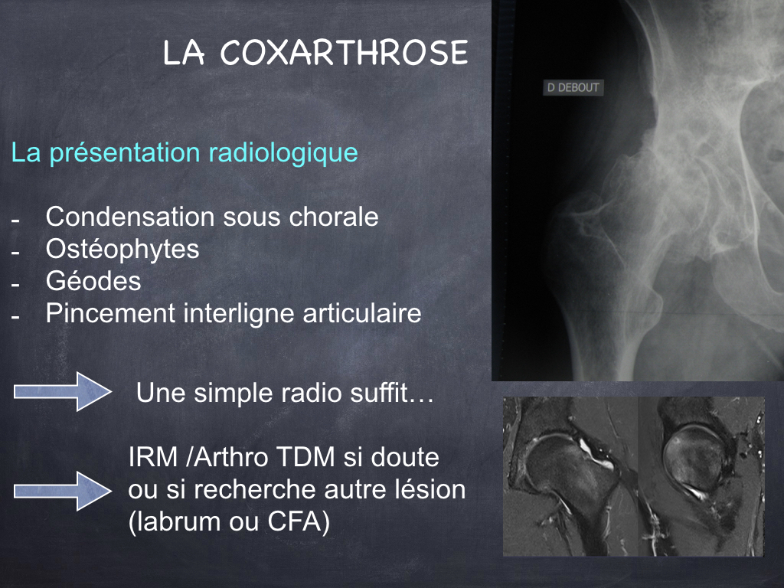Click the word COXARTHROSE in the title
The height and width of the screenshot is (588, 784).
coord(344,53)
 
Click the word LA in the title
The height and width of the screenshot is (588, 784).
coord(184,53)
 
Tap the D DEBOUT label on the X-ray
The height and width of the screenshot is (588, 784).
coord(573,87)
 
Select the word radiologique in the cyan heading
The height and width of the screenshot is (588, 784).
coord(283,153)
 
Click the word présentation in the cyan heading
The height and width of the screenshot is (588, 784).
coord(125,153)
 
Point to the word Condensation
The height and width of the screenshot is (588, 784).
coord(130,217)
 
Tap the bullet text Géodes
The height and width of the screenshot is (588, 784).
coord(93,281)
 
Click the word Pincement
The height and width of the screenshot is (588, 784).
coord(110,313)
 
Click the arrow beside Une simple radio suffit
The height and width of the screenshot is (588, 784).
coord(63,391)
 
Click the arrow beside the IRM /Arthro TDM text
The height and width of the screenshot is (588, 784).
coord(63,491)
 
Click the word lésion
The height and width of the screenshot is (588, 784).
coord(430,489)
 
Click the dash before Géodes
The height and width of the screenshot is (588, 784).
coord(15,284)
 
